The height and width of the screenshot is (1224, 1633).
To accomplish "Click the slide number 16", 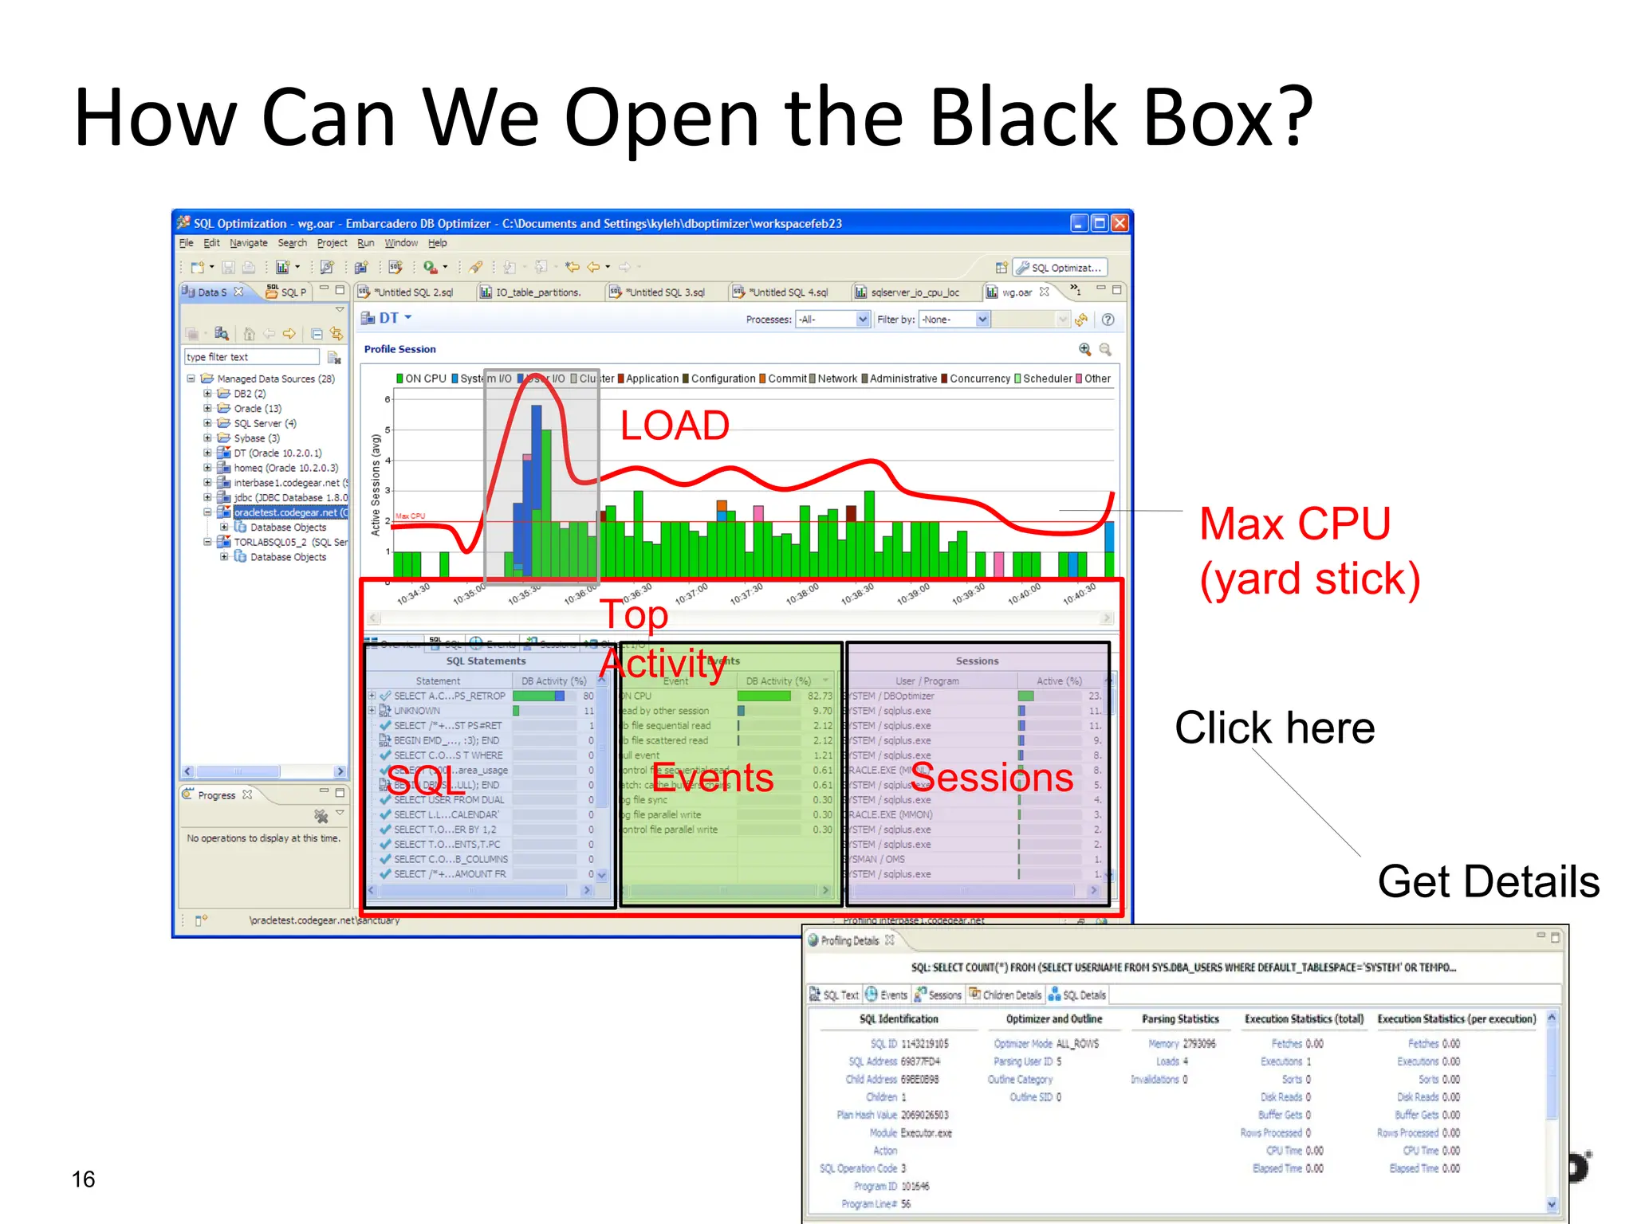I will coord(83,1179).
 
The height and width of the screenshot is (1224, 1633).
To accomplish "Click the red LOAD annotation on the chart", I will coord(675,426).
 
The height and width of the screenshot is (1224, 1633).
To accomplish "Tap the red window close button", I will coord(1119,223).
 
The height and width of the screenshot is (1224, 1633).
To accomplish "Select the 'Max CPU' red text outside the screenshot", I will coord(1295,524).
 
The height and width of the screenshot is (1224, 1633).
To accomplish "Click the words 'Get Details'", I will coord(1488,881).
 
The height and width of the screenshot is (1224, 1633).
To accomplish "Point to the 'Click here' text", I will coord(1274,728).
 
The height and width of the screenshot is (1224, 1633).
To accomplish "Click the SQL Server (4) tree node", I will coord(264,423).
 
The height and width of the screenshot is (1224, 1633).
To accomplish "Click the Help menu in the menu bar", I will coord(437,243).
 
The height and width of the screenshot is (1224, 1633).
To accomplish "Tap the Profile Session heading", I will coord(399,349).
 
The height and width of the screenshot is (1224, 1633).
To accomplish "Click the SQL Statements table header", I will coord(486,661).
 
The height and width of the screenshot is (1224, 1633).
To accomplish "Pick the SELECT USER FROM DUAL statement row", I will coord(448,799).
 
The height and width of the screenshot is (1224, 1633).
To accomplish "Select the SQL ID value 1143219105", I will coord(924,1043).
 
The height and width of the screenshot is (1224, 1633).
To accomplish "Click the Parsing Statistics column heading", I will coord(1179,1018).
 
